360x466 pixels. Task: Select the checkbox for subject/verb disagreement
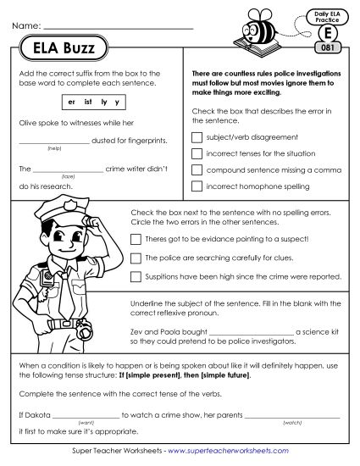197,136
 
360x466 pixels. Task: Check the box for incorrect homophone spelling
197,185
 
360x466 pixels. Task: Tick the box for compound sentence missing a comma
197,169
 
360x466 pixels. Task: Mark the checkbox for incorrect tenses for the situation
197,153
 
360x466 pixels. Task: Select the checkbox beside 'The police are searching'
136,258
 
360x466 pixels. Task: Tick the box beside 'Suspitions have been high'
136,276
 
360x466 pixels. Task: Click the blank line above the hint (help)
53,141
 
